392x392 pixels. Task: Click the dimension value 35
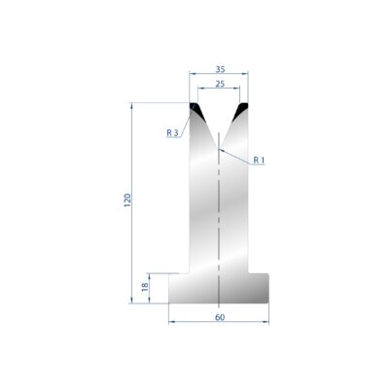[x=220, y=69]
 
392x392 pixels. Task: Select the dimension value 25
[x=220, y=84]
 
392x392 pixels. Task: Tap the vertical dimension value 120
[x=127, y=200]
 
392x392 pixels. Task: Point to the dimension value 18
[x=145, y=287]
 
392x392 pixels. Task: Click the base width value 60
[x=220, y=317]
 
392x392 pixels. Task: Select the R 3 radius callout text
[x=172, y=132]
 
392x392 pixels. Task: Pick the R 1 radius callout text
[x=259, y=160]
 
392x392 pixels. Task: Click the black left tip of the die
[x=196, y=110]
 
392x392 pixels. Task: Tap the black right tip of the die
[x=242, y=109]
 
